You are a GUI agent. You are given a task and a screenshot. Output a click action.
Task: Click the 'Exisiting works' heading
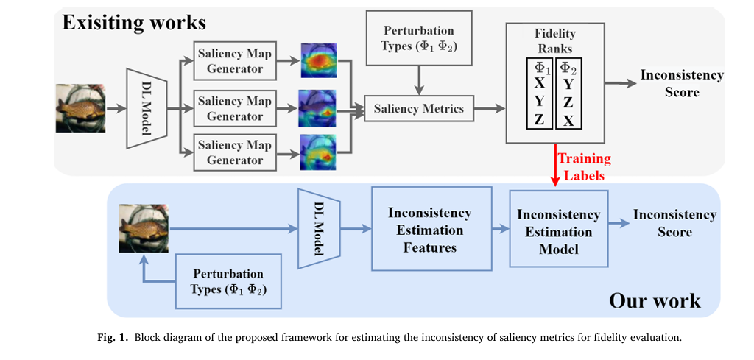click(133, 22)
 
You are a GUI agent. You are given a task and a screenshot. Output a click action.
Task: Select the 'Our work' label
click(655, 300)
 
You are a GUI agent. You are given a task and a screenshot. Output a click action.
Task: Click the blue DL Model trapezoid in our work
click(317, 228)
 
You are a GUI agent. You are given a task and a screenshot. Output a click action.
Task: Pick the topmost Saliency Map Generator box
click(234, 61)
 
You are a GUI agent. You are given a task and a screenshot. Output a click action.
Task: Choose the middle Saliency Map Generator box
click(234, 108)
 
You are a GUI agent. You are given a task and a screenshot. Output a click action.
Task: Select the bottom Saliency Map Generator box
click(234, 152)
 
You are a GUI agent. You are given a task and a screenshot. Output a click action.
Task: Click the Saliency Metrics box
click(419, 109)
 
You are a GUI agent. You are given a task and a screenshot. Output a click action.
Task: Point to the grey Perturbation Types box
click(419, 38)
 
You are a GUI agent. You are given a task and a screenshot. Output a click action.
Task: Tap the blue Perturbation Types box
click(228, 281)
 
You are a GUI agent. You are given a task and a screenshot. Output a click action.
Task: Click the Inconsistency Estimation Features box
click(431, 229)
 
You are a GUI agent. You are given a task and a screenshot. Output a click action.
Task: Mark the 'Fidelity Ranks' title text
click(555, 41)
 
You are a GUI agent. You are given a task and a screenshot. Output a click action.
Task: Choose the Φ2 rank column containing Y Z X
click(568, 93)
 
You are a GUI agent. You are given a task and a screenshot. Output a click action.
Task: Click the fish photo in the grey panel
click(80, 108)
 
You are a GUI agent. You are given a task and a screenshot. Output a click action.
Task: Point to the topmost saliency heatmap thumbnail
click(318, 61)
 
